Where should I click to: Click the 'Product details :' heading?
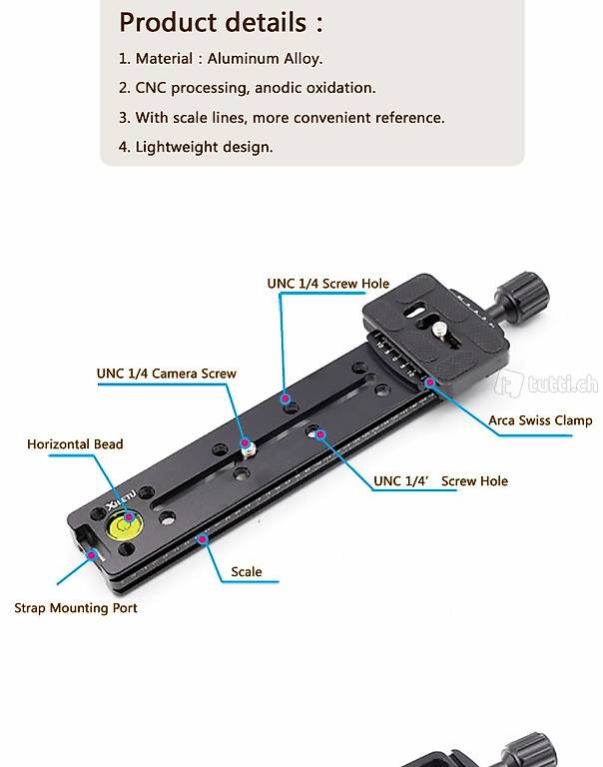[221, 23]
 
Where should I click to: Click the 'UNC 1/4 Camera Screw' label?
[167, 374]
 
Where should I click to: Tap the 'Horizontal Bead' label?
[75, 444]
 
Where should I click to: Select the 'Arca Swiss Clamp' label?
[540, 420]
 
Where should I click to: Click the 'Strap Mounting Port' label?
[76, 608]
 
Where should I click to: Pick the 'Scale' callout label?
[246, 572]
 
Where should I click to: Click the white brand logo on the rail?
[121, 498]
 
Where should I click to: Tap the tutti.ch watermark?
[546, 384]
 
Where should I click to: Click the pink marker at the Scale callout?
[202, 539]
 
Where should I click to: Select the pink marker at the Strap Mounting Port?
[91, 555]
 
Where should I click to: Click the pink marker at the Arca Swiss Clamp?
[429, 383]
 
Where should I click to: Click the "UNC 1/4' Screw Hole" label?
[440, 481]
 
